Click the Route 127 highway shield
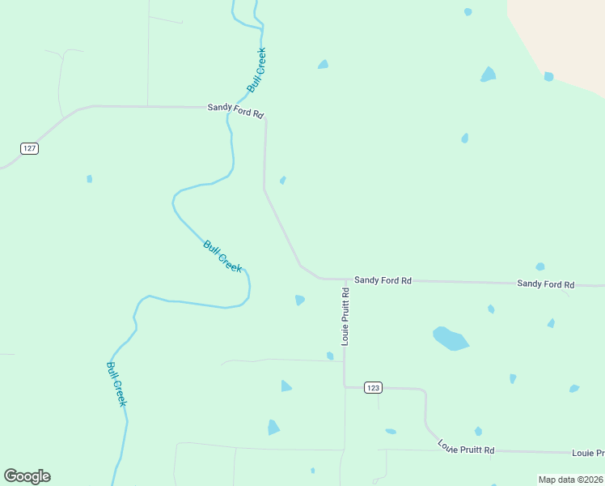pyautogui.click(x=30, y=148)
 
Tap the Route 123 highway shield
pyautogui.click(x=372, y=388)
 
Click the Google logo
pyautogui.click(x=27, y=476)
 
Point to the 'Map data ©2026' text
pyautogui.click(x=570, y=480)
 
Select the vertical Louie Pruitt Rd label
pyautogui.click(x=345, y=316)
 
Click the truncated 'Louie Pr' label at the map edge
pyautogui.click(x=588, y=453)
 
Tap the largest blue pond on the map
pyautogui.click(x=450, y=338)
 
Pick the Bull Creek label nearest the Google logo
pyautogui.click(x=116, y=384)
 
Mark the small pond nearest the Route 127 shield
pyautogui.click(x=90, y=179)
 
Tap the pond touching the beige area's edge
pyautogui.click(x=548, y=77)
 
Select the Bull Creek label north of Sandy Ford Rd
pyautogui.click(x=256, y=70)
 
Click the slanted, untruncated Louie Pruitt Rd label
pyautogui.click(x=466, y=446)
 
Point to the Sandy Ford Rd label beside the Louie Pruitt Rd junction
pyautogui.click(x=383, y=280)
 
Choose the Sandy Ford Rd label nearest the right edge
pyautogui.click(x=545, y=284)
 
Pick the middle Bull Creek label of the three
pyautogui.click(x=222, y=256)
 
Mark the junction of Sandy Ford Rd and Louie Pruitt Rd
pyautogui.click(x=345, y=279)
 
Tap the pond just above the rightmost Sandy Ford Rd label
pyautogui.click(x=539, y=266)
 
